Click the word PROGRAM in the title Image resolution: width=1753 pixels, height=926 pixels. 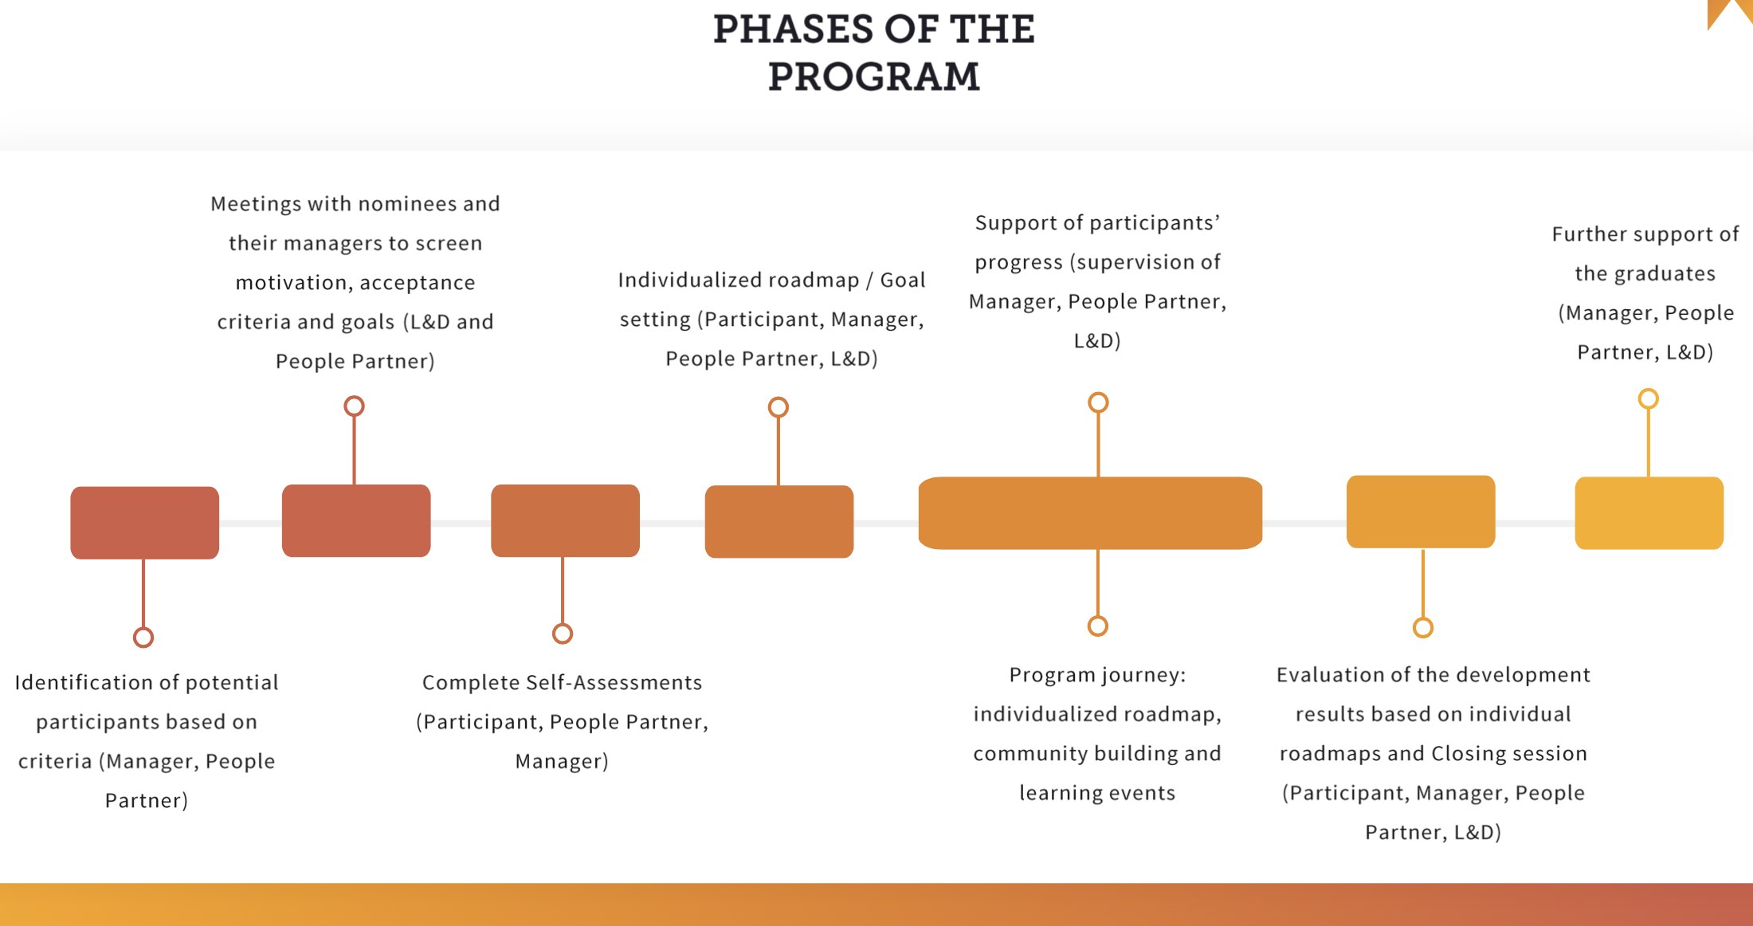click(x=873, y=77)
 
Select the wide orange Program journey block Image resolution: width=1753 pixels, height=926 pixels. click(x=1090, y=513)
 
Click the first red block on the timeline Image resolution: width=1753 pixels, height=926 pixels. click(x=144, y=523)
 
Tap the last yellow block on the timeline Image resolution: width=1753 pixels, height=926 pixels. click(x=1649, y=513)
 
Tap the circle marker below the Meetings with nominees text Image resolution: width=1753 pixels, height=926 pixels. click(x=354, y=406)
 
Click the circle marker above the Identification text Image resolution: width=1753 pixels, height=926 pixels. click(x=143, y=638)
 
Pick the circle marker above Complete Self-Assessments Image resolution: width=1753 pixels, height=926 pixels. click(x=563, y=634)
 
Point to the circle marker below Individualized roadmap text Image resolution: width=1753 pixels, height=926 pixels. click(x=778, y=408)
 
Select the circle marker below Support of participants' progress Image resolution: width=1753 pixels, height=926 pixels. click(x=1098, y=402)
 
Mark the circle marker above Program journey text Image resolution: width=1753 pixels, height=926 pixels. click(x=1098, y=626)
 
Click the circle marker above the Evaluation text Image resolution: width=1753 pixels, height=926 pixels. click(x=1423, y=628)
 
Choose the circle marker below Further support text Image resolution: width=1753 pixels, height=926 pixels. click(x=1648, y=398)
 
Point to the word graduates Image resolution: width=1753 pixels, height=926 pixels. click(x=1665, y=274)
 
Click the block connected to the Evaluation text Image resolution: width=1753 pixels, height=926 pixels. click(x=1421, y=512)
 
